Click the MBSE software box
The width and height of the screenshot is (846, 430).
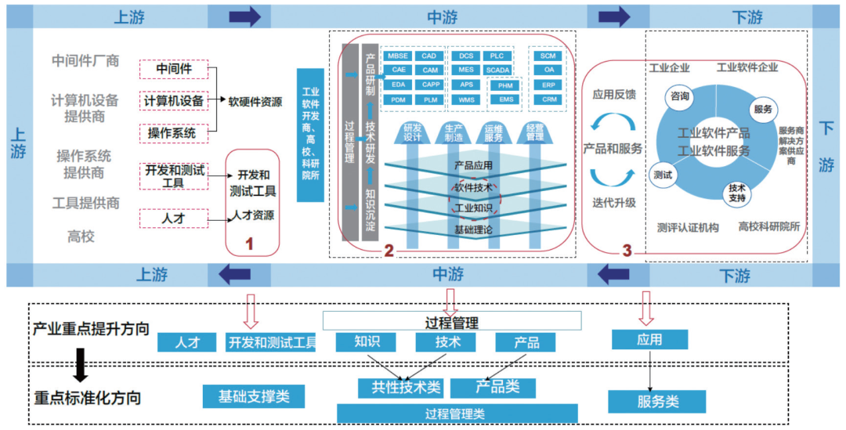coord(398,56)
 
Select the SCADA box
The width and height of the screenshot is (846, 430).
coord(497,70)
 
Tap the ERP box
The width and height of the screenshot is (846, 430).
coord(549,85)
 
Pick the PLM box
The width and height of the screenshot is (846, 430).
coord(429,99)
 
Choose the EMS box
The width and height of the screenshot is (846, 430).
coord(506,99)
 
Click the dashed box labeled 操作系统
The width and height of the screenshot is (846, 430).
coord(172,133)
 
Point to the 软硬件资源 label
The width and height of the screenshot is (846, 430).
coord(255,101)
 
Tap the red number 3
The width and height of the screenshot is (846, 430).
coord(627,251)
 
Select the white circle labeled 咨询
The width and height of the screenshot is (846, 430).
coord(679,96)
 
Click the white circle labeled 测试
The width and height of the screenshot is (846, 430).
coord(663,175)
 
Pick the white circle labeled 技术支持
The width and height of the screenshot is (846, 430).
coord(737,193)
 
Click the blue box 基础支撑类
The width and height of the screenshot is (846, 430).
coord(253,396)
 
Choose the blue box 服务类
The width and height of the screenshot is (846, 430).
coord(657,402)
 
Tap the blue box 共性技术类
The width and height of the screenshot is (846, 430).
coord(400,387)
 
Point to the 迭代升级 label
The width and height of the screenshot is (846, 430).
coord(615,203)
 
